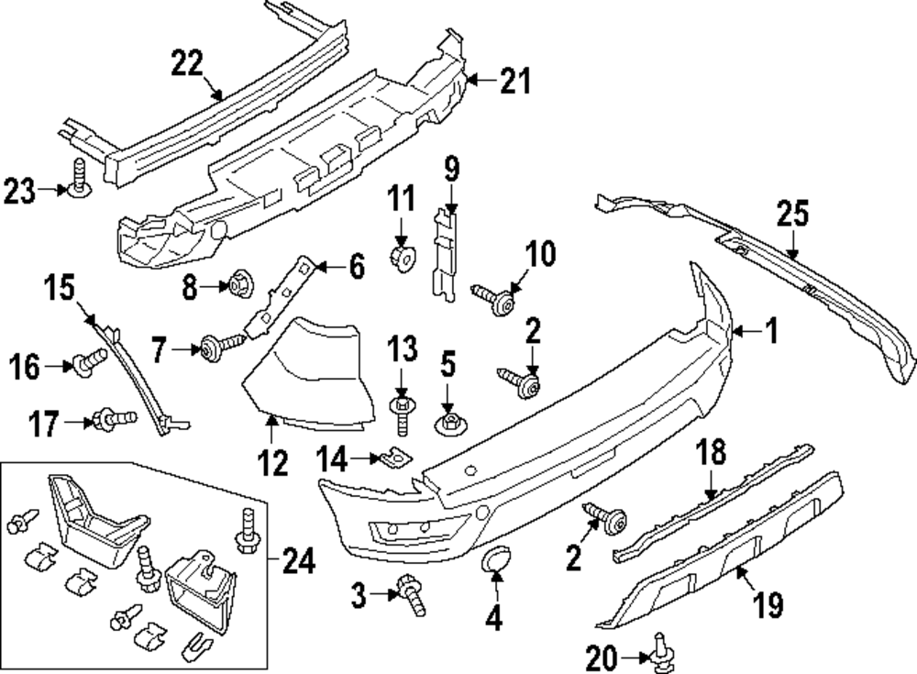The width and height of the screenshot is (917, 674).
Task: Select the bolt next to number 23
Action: point(76,179)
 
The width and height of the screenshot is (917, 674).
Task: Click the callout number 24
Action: point(298,558)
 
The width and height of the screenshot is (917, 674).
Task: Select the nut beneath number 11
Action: point(401,258)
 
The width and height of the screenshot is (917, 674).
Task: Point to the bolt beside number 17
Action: point(114,421)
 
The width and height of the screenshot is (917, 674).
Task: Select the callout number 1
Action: point(771,331)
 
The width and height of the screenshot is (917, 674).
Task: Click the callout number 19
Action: point(768,603)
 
